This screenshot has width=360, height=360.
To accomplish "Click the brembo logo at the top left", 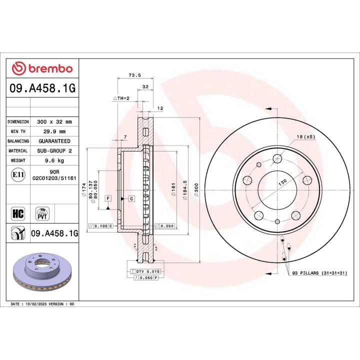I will coord(42,68).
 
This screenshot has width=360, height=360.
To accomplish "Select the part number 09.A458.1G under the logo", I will coord(42,88).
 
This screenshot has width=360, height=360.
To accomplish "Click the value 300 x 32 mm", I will coord(55,121).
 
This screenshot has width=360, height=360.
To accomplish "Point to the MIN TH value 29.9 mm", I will coord(55,131).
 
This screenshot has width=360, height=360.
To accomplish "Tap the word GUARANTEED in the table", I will coord(54,141).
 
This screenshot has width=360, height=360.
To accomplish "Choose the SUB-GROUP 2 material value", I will coord(55,150).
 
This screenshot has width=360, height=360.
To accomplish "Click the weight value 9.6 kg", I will coord(55,160).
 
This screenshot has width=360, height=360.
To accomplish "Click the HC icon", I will coord(17,214).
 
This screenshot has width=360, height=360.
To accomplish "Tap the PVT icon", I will coord(42,213).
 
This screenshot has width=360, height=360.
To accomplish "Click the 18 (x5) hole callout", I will coord(305,136).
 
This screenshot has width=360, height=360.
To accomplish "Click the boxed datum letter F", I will coord(108,198).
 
